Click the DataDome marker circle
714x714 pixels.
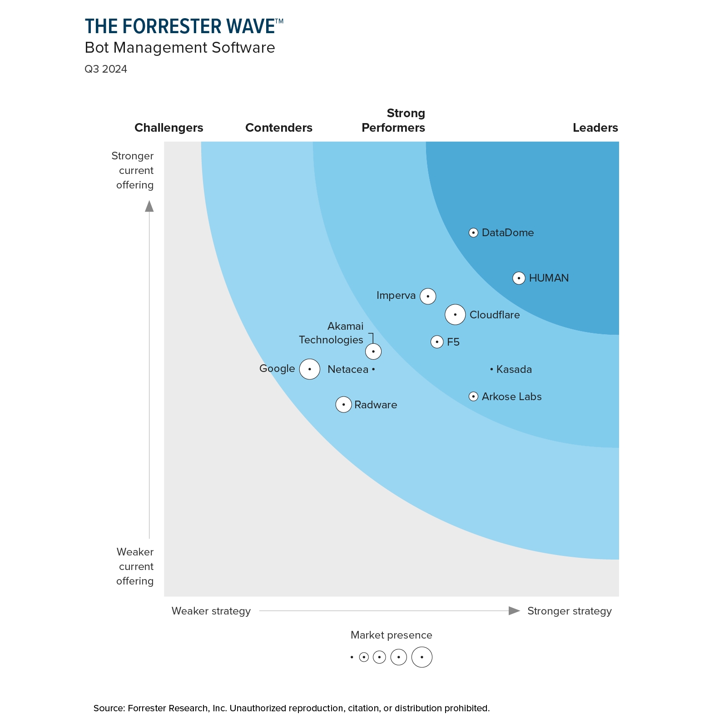473,233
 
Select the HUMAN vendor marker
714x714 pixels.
519,278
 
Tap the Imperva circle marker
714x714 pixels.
428,296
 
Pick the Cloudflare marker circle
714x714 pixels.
455,314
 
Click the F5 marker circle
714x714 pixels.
437,342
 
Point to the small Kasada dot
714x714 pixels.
491,369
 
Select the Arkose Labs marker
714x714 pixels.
473,397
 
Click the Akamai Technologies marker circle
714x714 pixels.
373,351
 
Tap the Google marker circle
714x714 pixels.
310,369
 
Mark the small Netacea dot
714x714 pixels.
373,369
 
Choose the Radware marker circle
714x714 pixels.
343,404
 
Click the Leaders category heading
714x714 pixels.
595,128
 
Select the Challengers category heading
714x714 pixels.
169,128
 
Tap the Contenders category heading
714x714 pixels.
278,128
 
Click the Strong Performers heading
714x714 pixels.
393,120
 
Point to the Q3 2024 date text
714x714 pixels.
106,69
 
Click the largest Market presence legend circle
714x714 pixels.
421,657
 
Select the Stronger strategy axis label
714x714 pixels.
569,611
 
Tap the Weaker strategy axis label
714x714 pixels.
211,611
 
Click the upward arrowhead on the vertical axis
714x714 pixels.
149,207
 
